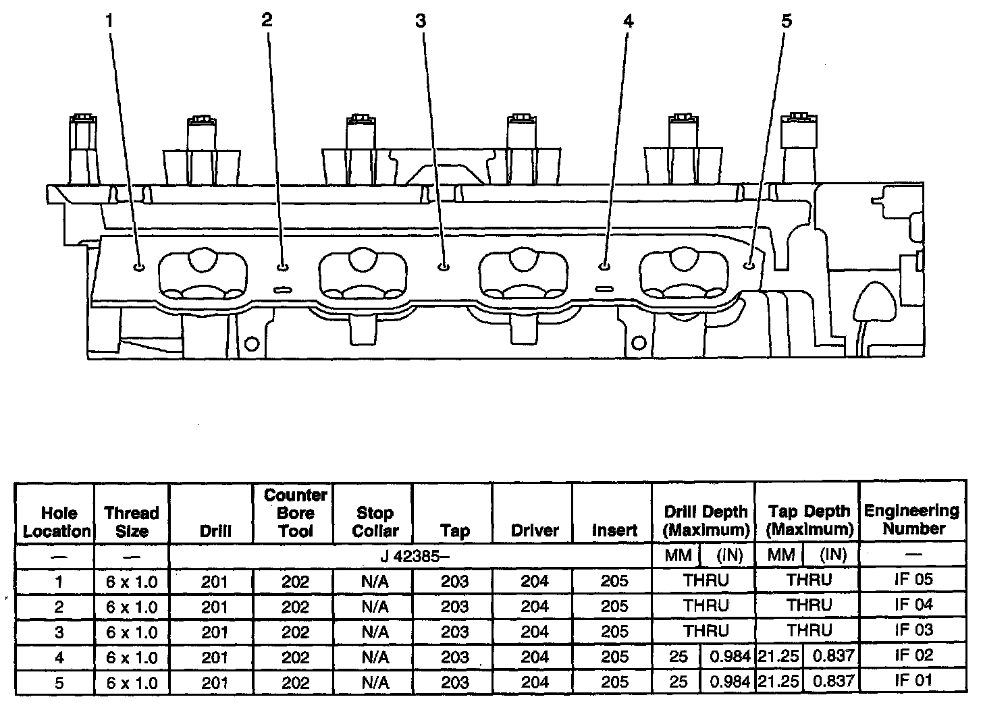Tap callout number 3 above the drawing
(421, 21)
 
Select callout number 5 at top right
(786, 21)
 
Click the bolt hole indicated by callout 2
(283, 267)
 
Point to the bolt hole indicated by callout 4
(604, 267)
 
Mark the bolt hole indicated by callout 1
(139, 267)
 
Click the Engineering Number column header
(911, 520)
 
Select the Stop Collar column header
(374, 522)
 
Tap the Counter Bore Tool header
(295, 513)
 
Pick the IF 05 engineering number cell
(913, 580)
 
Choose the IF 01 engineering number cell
(913, 681)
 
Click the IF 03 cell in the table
(913, 630)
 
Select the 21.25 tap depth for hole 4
(778, 656)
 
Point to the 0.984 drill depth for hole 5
(730, 682)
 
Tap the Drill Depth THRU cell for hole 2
(706, 605)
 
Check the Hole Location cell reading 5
(59, 682)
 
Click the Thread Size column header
(132, 522)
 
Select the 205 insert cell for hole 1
(614, 581)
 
